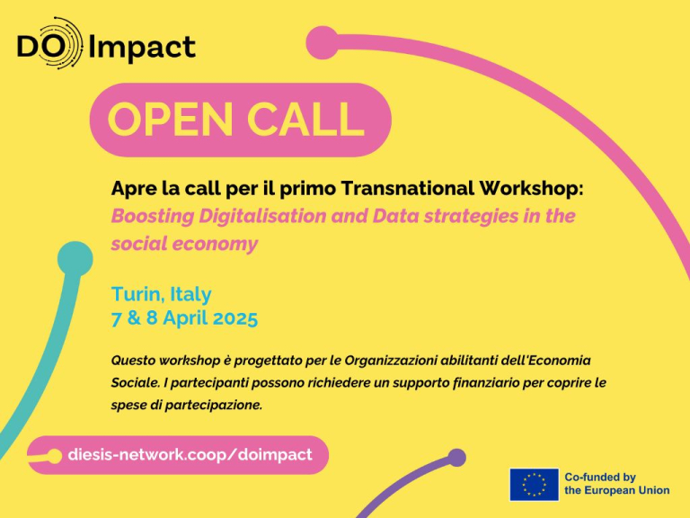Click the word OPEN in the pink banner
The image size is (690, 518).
pos(170,119)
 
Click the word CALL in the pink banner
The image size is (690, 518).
pos(305,119)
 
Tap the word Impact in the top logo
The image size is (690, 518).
pos(142,48)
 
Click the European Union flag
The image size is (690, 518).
pos(535,484)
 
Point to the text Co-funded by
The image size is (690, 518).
pos(600,477)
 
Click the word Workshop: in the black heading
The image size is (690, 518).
pos(531,189)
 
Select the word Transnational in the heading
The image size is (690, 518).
pos(407,188)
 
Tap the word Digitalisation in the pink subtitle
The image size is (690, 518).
pos(261,216)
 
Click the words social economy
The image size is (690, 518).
pos(184,244)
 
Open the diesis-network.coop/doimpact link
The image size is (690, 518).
pos(190,454)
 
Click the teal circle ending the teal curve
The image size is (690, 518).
pos(75,259)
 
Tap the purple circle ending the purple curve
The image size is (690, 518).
pos(456,458)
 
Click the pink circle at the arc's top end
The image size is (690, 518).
pos(323,42)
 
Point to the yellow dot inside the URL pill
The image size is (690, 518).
pos(55,456)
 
